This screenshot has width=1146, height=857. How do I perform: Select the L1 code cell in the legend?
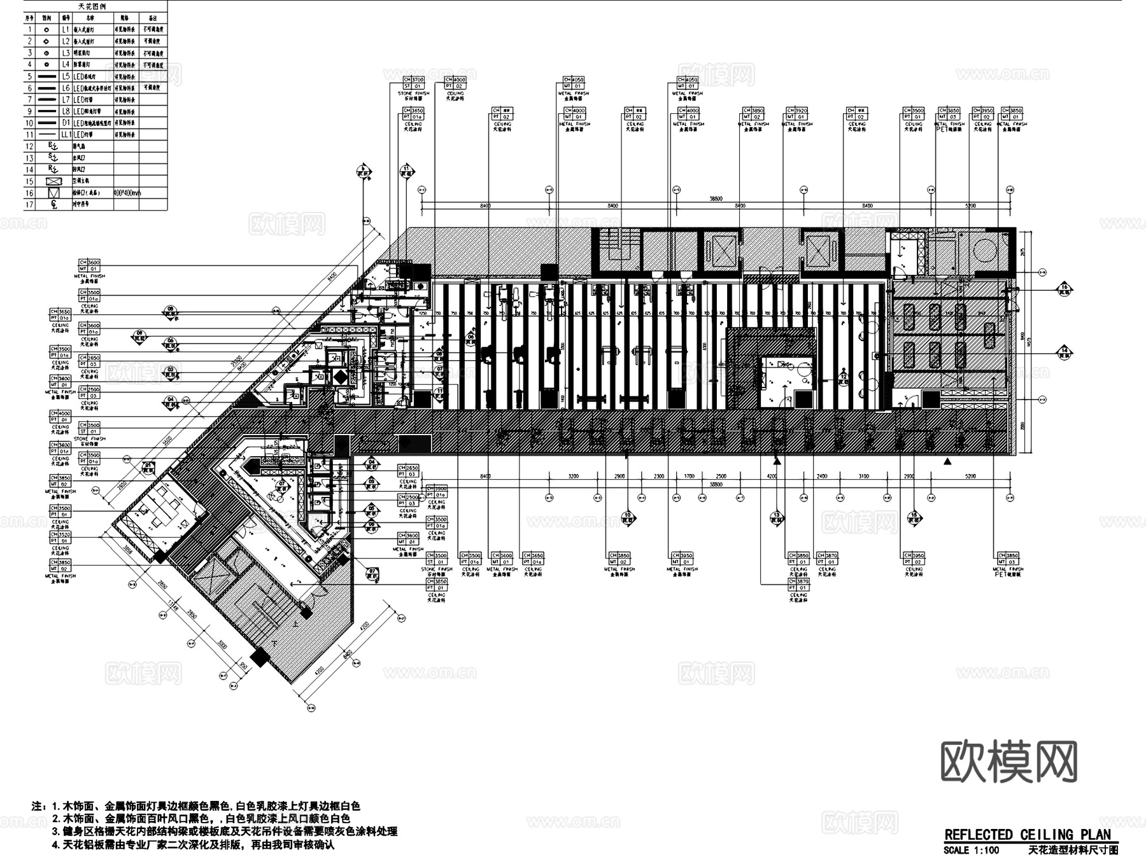66,29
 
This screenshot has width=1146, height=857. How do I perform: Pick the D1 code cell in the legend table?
66,122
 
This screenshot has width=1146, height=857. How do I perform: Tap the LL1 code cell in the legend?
66,134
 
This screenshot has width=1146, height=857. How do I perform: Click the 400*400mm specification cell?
127,192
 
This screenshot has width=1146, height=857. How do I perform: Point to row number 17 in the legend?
29,204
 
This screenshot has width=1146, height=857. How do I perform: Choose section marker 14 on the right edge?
1065,351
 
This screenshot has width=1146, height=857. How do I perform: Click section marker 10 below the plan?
628,518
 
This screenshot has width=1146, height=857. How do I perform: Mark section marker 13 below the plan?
777,518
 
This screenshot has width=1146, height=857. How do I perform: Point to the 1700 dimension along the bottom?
690,476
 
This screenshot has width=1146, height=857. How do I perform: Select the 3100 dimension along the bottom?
863,476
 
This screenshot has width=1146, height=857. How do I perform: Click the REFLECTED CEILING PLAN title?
1027,835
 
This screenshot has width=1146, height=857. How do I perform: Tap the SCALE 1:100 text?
972,850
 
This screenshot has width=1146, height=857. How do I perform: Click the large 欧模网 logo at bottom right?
1009,761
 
